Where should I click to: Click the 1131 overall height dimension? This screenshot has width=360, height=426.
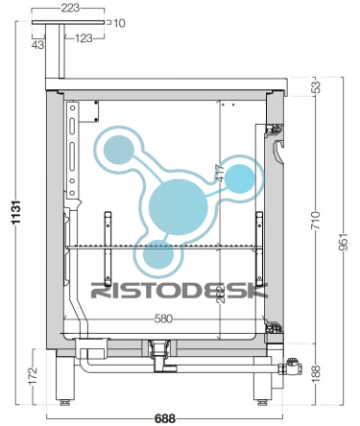point(16,212)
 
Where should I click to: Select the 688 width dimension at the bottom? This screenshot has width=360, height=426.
point(165,418)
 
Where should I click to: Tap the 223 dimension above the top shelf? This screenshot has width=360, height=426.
point(70,8)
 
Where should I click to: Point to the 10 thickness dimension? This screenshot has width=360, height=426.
point(119,23)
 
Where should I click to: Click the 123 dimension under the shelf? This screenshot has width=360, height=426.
point(84,38)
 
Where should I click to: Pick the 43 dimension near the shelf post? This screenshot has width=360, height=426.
point(37,45)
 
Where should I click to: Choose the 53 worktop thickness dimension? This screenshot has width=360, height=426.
point(316,87)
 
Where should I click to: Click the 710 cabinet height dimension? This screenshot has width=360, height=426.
point(316,220)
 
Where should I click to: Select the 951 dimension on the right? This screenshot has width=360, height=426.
point(343,242)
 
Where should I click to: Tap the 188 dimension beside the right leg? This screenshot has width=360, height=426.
point(316,373)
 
